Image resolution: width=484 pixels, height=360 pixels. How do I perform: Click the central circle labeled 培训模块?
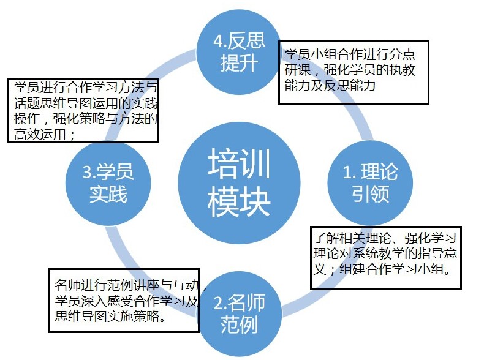(240, 181)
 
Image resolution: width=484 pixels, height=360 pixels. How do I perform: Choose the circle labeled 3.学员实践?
(108, 182)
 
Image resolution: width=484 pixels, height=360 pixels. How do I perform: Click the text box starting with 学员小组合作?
(353, 72)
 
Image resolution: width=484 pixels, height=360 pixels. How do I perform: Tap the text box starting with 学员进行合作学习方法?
(82, 110)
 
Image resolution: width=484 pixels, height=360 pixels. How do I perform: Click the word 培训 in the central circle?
(240, 162)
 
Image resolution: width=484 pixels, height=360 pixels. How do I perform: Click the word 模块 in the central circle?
(240, 201)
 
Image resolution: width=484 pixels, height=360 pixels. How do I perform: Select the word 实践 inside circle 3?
(108, 194)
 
